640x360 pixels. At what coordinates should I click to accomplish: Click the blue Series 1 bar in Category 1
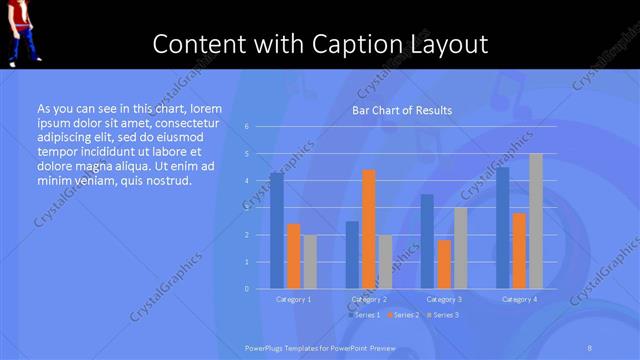276,231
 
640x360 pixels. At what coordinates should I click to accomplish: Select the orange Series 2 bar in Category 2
368,229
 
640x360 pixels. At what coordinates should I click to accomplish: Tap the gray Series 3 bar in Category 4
535,221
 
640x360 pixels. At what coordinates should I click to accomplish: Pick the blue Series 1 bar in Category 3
427,241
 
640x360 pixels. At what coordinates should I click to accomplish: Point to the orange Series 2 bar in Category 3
444,264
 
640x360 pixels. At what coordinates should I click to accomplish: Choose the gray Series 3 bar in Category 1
310,262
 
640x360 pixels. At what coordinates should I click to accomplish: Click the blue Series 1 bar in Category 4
502,228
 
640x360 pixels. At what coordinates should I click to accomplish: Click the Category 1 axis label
293,299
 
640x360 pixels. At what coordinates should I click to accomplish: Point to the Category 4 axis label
519,299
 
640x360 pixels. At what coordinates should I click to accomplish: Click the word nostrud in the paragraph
165,181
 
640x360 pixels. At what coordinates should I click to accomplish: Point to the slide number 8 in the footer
590,347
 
